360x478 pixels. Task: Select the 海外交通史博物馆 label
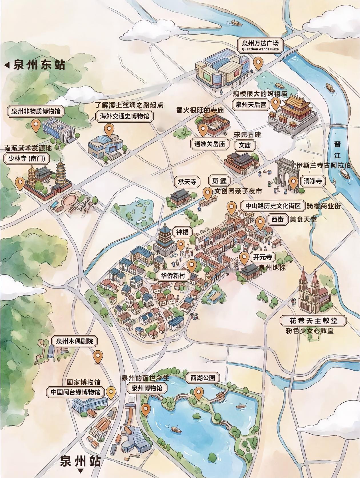click(x=125, y=116)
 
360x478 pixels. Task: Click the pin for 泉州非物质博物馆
click(x=36, y=125)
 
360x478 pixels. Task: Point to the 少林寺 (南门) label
click(x=27, y=158)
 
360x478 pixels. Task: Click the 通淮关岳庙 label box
click(x=210, y=144)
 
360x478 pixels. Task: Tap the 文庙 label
click(x=245, y=145)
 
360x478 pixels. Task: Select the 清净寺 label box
click(x=313, y=181)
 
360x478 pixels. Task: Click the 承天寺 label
click(x=187, y=181)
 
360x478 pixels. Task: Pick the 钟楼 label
click(x=182, y=232)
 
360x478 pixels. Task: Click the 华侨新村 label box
click(x=173, y=276)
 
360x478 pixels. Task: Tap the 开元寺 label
click(x=262, y=257)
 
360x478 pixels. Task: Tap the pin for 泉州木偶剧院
click(x=98, y=356)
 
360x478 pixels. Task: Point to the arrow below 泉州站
click(x=81, y=471)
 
